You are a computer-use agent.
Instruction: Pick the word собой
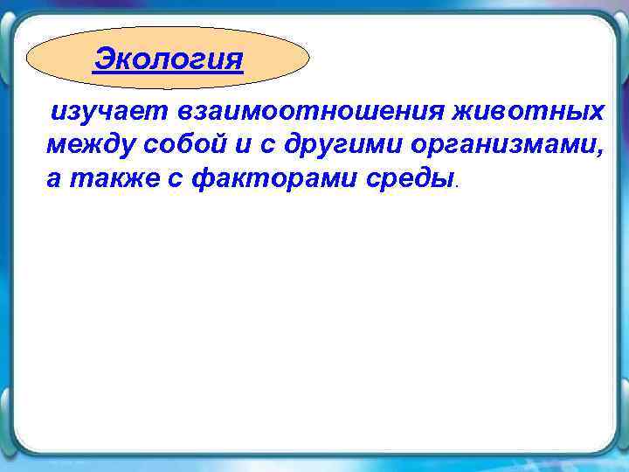(x=180, y=145)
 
